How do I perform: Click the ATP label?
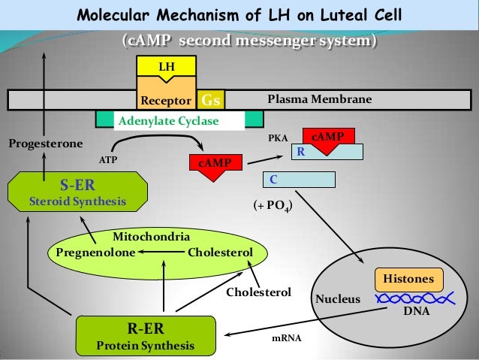point(110,160)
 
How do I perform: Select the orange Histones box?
point(408,279)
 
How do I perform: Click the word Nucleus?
point(337,299)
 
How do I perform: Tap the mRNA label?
point(286,338)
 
